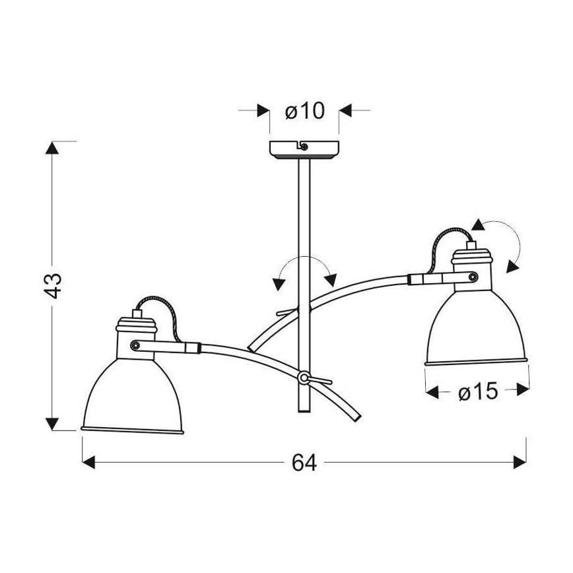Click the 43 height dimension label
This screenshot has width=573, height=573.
pos(53,285)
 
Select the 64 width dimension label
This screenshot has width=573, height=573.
pos(304,463)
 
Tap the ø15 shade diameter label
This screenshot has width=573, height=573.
pos(478,391)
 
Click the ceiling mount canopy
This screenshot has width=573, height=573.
pos(304,150)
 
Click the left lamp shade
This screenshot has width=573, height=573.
pos(132,395)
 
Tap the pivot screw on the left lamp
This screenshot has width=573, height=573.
pos(135,345)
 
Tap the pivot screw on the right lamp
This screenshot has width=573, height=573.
pos(473,277)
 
